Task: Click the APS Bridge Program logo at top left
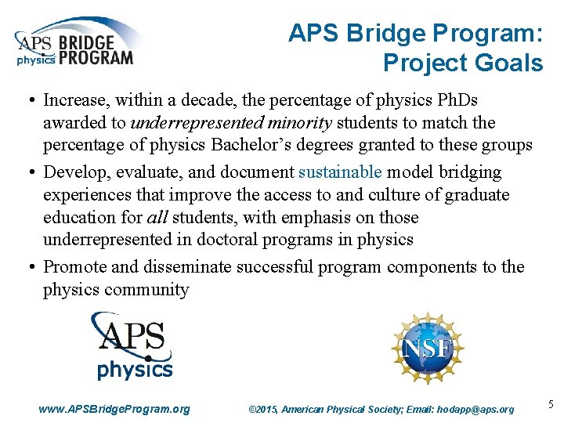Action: [x=75, y=43]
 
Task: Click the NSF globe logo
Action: [x=427, y=347]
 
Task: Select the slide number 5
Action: [x=551, y=405]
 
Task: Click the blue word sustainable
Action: [x=339, y=172]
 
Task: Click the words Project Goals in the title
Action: [x=462, y=63]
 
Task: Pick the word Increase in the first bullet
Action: [x=75, y=100]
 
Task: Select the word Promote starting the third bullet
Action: [x=75, y=266]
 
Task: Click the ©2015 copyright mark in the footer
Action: [x=262, y=409]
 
